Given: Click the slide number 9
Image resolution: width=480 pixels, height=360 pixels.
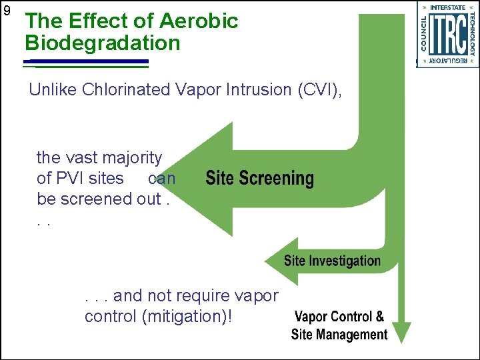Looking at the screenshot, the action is (x=7, y=11).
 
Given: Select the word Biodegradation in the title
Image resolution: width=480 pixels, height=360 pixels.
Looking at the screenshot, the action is (x=103, y=43).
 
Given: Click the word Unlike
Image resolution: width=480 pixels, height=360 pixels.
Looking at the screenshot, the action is (x=53, y=90).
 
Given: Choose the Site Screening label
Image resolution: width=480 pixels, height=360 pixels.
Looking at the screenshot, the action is (x=259, y=179).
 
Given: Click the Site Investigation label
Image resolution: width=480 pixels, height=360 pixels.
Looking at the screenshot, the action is (x=332, y=261).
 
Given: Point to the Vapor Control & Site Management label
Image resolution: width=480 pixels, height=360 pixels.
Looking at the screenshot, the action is (x=339, y=325).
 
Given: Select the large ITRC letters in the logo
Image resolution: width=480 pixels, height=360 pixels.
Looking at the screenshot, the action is (x=447, y=35).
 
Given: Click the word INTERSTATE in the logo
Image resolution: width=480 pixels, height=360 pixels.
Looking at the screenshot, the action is (x=447, y=8).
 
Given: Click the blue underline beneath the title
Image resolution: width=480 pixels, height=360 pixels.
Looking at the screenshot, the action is (x=87, y=62).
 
